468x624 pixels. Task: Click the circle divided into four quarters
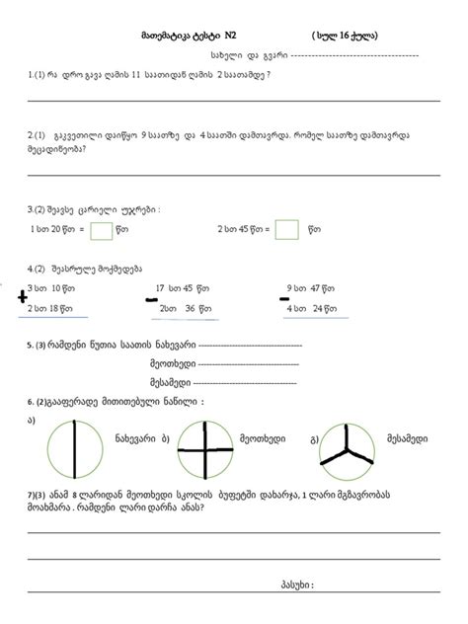pos(205,461)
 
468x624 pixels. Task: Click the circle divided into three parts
pos(348,461)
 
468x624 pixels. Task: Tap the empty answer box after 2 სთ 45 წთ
pos(286,230)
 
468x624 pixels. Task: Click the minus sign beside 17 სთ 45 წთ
pos(152,298)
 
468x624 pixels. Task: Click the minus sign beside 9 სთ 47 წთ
pos(283,296)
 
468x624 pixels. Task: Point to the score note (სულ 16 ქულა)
pos(346,36)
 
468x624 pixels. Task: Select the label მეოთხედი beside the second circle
pos(263,437)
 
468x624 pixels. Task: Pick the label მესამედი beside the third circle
pos(401,437)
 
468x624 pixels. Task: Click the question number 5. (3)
pos(44,345)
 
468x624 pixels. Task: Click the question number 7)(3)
pos(41,494)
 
